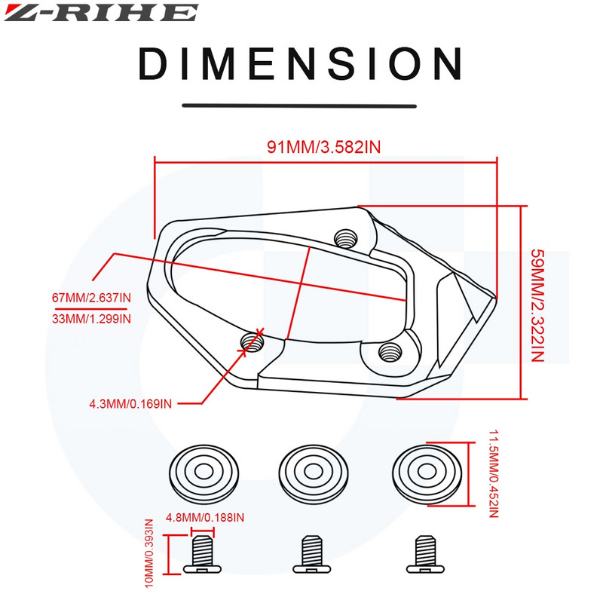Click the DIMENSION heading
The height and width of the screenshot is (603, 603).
coord(300,63)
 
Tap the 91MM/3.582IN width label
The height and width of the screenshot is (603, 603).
coord(323,146)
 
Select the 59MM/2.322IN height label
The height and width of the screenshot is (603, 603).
coord(537,305)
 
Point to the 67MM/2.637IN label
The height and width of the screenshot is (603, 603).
coord(91,298)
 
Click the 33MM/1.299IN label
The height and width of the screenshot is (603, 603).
coord(91,319)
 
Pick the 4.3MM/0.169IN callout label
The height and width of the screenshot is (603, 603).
coord(130,403)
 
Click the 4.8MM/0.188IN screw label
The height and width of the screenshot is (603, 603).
coord(205,517)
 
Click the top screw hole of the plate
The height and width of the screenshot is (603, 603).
coord(347,237)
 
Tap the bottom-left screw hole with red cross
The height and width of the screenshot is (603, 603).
coord(253,342)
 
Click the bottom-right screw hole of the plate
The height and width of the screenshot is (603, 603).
coord(390,349)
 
